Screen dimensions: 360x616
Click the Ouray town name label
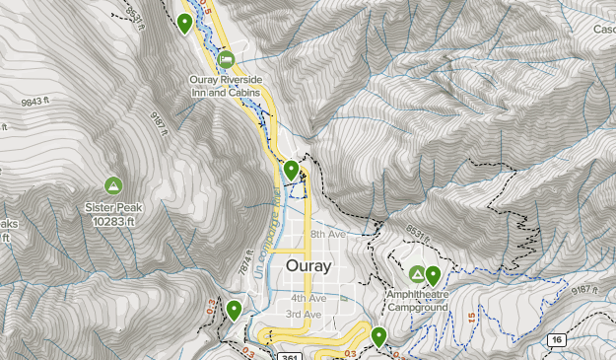308,266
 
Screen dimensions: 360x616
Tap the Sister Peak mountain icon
113,185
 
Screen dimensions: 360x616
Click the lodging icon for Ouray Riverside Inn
226,59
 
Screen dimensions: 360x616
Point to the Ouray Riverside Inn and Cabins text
232,86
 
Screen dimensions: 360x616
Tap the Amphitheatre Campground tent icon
417,274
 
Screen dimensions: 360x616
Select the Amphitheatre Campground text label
418,301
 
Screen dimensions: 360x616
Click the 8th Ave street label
329,235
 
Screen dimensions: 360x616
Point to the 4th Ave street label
308,298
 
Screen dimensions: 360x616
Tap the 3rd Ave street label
304,315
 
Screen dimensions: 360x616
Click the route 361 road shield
289,355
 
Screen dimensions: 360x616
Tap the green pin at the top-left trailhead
184,24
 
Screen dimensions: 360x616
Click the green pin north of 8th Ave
291,171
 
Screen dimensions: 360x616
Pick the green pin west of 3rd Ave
234,311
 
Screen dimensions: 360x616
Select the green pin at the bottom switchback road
378,337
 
